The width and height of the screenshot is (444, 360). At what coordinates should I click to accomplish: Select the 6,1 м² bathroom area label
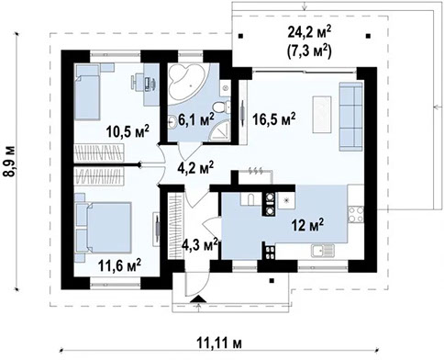pyautogui.click(x=195, y=118)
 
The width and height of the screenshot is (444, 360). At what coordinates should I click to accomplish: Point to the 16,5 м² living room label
pyautogui.click(x=273, y=118)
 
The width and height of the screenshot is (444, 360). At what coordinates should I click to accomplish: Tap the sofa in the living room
pyautogui.click(x=351, y=107)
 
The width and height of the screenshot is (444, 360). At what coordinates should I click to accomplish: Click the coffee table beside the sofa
pyautogui.click(x=320, y=111)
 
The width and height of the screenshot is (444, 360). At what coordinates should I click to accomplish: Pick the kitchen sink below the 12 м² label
pyautogui.click(x=323, y=247)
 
